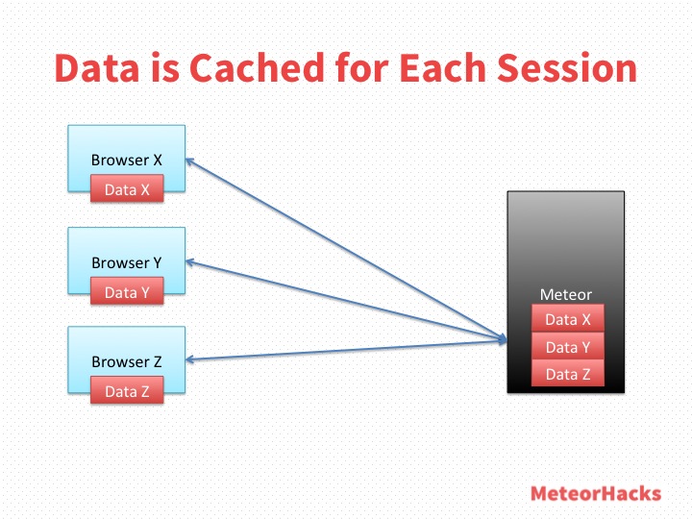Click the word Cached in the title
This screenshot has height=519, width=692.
click(258, 67)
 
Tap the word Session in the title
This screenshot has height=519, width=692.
click(567, 67)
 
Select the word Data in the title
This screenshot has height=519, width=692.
click(97, 67)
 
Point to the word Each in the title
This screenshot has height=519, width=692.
click(443, 67)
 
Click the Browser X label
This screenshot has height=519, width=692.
click(127, 160)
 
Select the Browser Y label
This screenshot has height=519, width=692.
click(127, 262)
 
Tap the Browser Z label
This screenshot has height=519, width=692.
click(127, 362)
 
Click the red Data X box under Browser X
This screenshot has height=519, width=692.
click(127, 188)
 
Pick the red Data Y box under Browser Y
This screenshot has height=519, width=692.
click(127, 291)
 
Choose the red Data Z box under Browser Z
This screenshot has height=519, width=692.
click(127, 389)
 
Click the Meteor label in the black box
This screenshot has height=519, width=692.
click(566, 294)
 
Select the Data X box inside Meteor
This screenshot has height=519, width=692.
click(568, 318)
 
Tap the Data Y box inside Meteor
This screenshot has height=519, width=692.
click(568, 346)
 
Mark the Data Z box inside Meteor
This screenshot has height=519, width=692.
click(568, 373)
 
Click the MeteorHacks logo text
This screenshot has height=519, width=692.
click(596, 493)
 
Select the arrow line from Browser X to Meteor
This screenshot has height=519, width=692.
click(346, 250)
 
